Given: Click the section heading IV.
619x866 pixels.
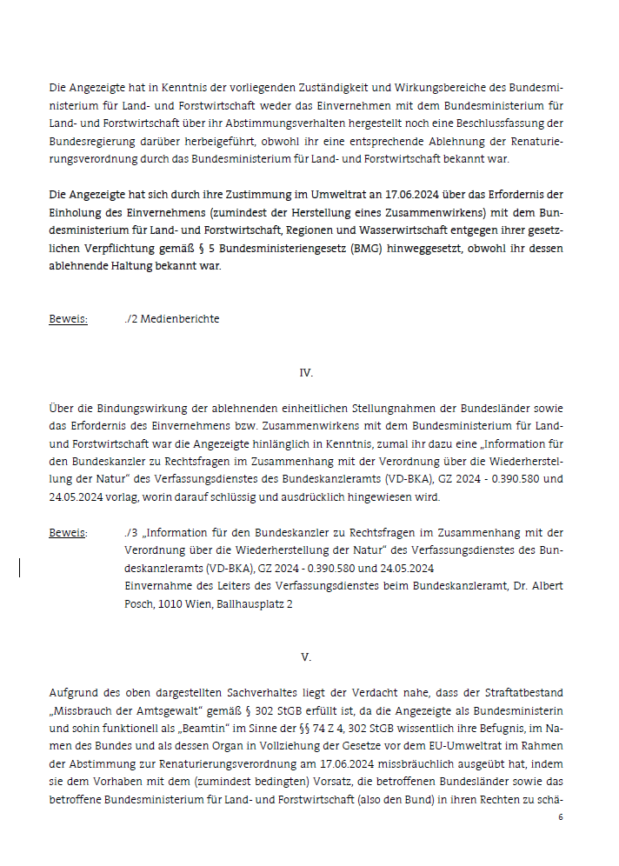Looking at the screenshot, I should (306, 372).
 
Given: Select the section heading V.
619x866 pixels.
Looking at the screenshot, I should (306, 657).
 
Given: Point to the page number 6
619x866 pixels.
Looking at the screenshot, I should (561, 818).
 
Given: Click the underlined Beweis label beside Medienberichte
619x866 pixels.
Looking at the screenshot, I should (68, 319).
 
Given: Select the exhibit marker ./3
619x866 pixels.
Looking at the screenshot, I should (131, 532).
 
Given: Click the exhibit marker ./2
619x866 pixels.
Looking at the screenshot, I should (131, 319).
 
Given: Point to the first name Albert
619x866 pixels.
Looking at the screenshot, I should (547, 586).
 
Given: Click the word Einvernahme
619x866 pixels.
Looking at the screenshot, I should (160, 586).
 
